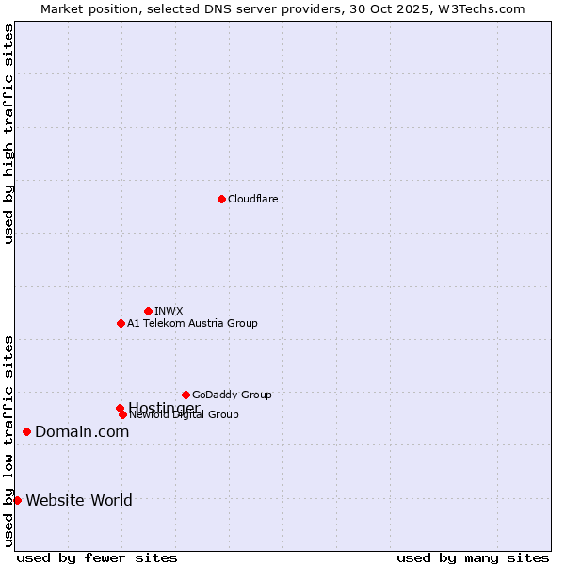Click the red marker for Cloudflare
click(x=221, y=199)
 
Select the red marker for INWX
click(x=148, y=311)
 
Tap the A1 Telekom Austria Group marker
click(x=121, y=323)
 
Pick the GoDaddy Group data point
click(x=186, y=395)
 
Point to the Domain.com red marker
click(x=26, y=431)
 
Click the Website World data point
click(x=17, y=500)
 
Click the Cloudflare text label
click(x=252, y=199)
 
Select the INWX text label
click(x=169, y=311)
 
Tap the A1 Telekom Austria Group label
click(x=192, y=323)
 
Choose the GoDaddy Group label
click(x=232, y=395)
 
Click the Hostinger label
click(x=164, y=407)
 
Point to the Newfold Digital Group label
click(x=185, y=415)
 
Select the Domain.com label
click(x=82, y=431)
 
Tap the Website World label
click(x=79, y=500)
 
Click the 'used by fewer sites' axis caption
click(x=97, y=558)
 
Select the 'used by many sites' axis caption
click(x=473, y=558)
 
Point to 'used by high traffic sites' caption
click(x=8, y=134)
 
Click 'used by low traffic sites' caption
click(x=8, y=440)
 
